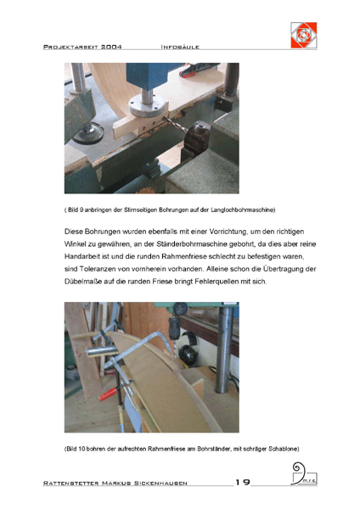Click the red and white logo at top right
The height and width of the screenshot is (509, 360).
click(303, 35)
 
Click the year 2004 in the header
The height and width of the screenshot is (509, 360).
click(111, 47)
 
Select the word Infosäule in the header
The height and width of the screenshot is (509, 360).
click(180, 47)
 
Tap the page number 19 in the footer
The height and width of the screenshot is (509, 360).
click(242, 482)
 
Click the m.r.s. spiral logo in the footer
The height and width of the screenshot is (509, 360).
click(303, 474)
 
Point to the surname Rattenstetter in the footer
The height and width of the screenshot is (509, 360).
click(70, 483)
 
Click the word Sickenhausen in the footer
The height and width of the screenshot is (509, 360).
click(160, 483)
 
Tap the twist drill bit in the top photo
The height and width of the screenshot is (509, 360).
click(175, 125)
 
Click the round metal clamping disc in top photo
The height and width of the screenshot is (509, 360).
click(148, 106)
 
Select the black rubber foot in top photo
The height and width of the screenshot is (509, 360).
click(88, 133)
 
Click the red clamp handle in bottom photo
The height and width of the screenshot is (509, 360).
click(108, 394)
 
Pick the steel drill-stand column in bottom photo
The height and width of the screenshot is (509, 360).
click(224, 350)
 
